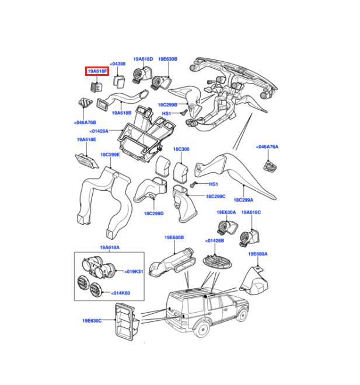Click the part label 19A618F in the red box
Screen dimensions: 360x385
97,71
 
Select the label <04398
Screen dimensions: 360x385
118,64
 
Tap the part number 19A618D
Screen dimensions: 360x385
143,59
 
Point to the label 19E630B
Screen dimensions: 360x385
167,59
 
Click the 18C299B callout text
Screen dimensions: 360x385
167,105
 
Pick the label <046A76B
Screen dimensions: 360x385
85,123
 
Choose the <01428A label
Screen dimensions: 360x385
99,131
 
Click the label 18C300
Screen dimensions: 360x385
181,149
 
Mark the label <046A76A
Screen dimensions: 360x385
267,147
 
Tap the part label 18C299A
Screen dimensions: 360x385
243,200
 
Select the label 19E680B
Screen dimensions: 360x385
174,237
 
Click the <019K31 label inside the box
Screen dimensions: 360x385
134,272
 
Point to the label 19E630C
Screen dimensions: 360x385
92,321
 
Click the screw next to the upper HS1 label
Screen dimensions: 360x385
184,113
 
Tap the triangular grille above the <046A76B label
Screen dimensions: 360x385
85,103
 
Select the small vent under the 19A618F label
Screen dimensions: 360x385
96,87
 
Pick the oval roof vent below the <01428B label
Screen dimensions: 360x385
217,262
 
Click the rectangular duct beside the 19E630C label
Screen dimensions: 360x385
127,322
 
